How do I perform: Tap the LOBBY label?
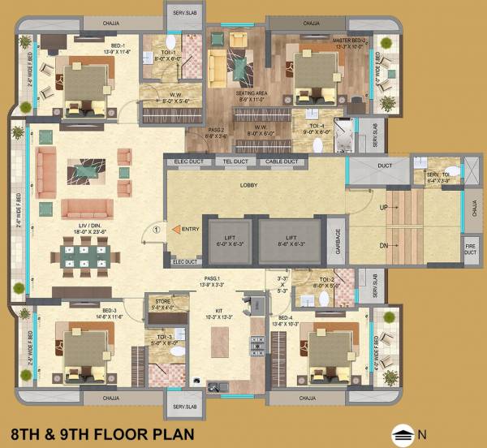(x=248, y=186)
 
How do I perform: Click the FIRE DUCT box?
(x=470, y=249)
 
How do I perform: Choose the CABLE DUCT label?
(x=282, y=162)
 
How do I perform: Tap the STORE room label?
(x=162, y=304)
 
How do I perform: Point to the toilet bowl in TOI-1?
(x=171, y=44)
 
